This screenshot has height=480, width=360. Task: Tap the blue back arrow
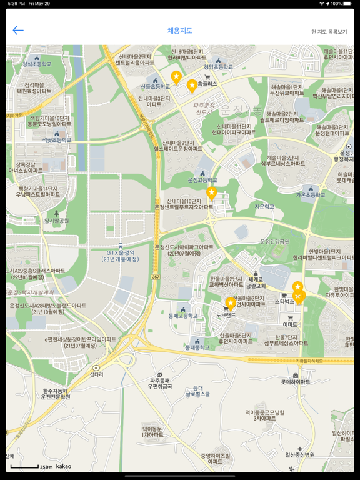(18, 30)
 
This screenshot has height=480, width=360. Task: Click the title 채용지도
(180, 31)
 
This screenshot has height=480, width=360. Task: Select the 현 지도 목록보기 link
(329, 32)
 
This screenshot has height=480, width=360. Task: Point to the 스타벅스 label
(284, 301)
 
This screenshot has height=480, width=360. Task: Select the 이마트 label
(290, 324)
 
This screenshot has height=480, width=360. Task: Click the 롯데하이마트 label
(295, 381)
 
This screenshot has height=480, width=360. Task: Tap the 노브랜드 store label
(226, 315)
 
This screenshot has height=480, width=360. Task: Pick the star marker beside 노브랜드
(231, 303)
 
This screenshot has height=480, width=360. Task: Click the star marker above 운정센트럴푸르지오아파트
(212, 192)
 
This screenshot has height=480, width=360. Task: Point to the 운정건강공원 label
(275, 241)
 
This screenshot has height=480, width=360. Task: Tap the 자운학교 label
(264, 206)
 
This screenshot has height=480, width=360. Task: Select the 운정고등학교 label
(202, 180)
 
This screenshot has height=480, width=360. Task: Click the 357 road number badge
(155, 276)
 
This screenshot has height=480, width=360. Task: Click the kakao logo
(63, 466)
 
